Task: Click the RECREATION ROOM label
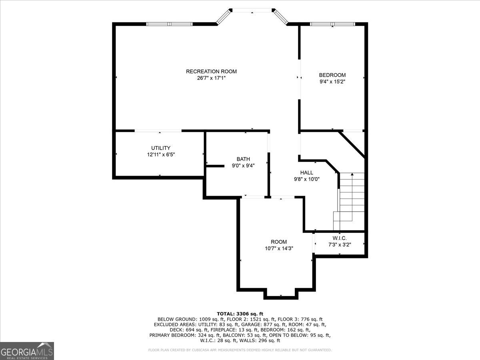tap(211, 72)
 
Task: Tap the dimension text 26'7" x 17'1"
tap(211, 78)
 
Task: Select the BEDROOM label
tap(332, 75)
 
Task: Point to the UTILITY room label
tap(161, 148)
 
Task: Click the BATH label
tap(243, 159)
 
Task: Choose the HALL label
tap(306, 173)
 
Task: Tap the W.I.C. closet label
tap(340, 238)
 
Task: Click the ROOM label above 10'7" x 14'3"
tap(279, 242)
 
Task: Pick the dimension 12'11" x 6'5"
tap(161, 155)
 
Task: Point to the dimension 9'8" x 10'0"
tap(306, 179)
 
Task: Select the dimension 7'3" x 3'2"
tap(340, 244)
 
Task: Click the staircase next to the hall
tap(349, 202)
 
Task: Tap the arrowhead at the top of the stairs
tap(352, 174)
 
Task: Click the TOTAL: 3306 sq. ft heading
tap(240, 314)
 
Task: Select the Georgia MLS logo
tap(27, 351)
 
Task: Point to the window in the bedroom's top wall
tap(332, 24)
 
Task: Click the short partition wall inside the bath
tap(215, 166)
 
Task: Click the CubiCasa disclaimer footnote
tap(240, 350)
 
